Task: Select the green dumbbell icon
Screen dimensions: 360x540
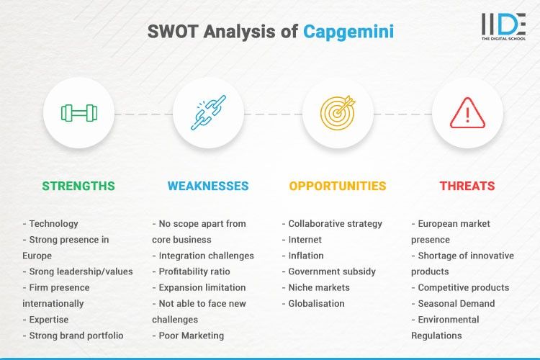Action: coord(78,113)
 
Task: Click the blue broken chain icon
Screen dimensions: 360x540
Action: coord(208,113)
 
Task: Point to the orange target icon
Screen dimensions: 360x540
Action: coord(338,113)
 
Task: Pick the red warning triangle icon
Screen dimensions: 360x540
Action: coord(467,113)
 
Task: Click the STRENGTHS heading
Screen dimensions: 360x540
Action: coord(78,186)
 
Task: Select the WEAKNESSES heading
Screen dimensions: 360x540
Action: coord(208,186)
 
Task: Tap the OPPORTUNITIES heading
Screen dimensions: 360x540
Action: coord(338,186)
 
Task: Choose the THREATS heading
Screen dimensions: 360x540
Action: coord(467,186)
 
